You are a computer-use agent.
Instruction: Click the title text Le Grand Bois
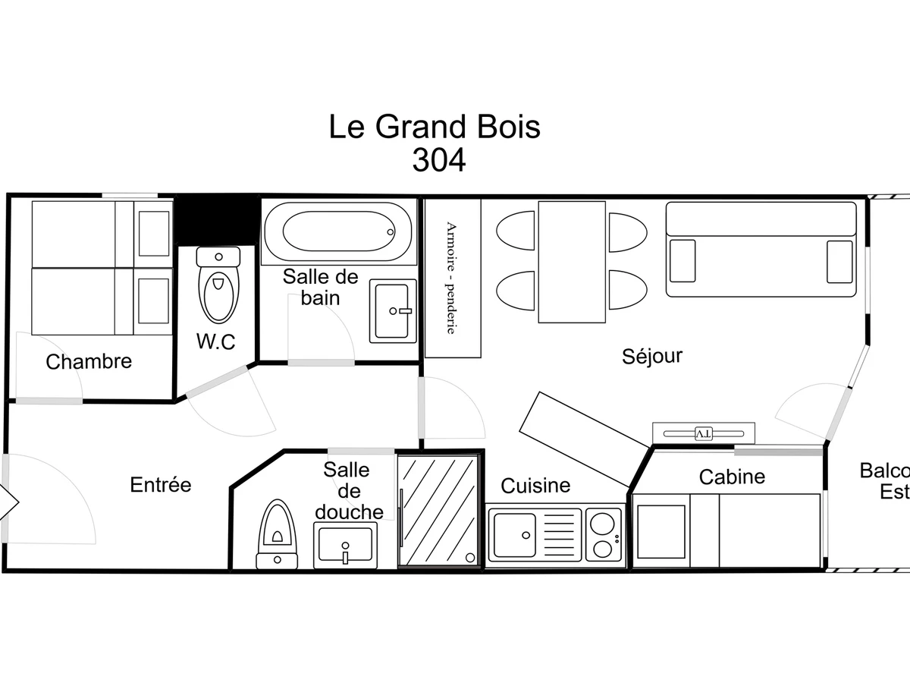tap(435, 127)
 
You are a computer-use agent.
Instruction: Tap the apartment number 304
tap(438, 160)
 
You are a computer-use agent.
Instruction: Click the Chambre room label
tap(89, 362)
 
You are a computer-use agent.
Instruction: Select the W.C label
tap(216, 341)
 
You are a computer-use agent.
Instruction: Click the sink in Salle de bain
tap(393, 310)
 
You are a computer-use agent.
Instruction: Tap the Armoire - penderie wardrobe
tap(452, 278)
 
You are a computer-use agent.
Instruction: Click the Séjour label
tap(652, 355)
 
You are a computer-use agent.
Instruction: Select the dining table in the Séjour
tap(572, 262)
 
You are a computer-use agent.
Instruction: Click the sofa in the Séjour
tap(761, 249)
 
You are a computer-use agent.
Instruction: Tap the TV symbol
tap(704, 433)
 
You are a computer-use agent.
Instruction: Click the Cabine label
tap(732, 477)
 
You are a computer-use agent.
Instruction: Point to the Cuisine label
tap(535, 485)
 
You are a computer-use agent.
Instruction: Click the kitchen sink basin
tap(514, 534)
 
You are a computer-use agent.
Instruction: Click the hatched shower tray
tap(439, 510)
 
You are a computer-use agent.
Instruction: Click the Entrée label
tap(161, 484)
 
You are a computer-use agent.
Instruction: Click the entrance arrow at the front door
tap(9, 499)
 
